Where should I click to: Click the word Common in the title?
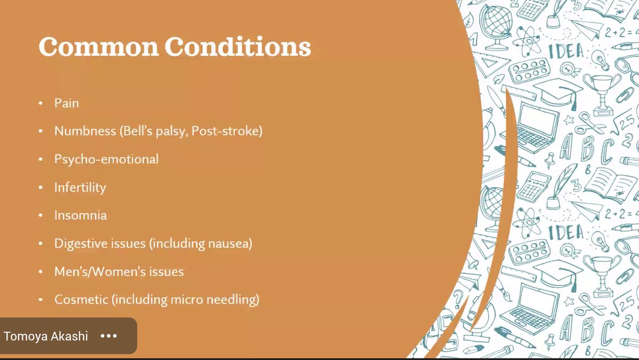click(98, 47)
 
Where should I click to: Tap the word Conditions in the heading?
click(237, 47)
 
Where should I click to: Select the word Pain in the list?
click(67, 103)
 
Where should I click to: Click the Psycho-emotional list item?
click(106, 159)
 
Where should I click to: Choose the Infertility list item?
click(80, 187)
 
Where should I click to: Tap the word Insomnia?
click(80, 215)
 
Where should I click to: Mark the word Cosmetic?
click(80, 300)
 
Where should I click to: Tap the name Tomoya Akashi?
click(46, 336)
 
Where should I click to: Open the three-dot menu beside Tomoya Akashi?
click(109, 336)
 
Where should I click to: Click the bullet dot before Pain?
click(41, 103)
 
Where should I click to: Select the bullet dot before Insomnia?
click(41, 216)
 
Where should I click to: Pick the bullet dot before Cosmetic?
click(41, 300)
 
